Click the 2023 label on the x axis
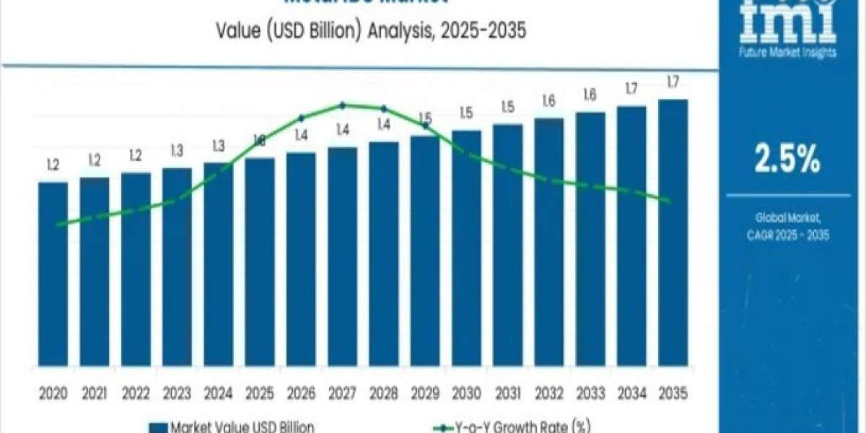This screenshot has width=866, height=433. (177, 393)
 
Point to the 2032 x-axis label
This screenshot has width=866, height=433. (548, 393)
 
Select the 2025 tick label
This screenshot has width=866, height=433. (259, 393)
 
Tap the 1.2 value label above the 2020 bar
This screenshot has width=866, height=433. (53, 165)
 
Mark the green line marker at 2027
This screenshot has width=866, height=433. (342, 105)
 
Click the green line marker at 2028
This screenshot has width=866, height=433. (383, 108)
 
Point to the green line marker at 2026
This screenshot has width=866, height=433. (301, 118)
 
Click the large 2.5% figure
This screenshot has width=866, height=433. (787, 159)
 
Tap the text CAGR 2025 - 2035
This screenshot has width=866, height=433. (787, 235)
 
